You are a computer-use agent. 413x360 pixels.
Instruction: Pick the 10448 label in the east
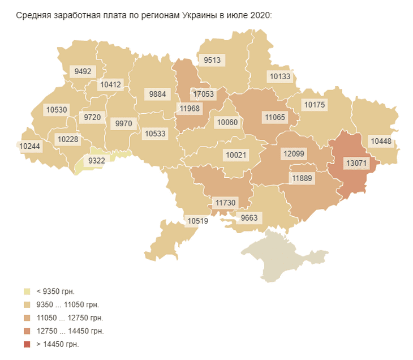tap(381, 140)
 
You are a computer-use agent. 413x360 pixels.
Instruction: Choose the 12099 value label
tap(294, 153)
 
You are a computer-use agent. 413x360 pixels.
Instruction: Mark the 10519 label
tap(198, 221)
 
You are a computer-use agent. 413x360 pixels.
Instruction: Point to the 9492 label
tap(83, 71)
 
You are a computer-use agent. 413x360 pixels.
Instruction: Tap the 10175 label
tap(315, 105)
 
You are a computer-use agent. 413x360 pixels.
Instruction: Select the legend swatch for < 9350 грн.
tap(27, 292)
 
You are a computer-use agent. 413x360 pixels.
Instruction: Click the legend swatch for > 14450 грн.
tap(27, 344)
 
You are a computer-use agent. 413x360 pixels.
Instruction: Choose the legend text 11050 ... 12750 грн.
tap(70, 318)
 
